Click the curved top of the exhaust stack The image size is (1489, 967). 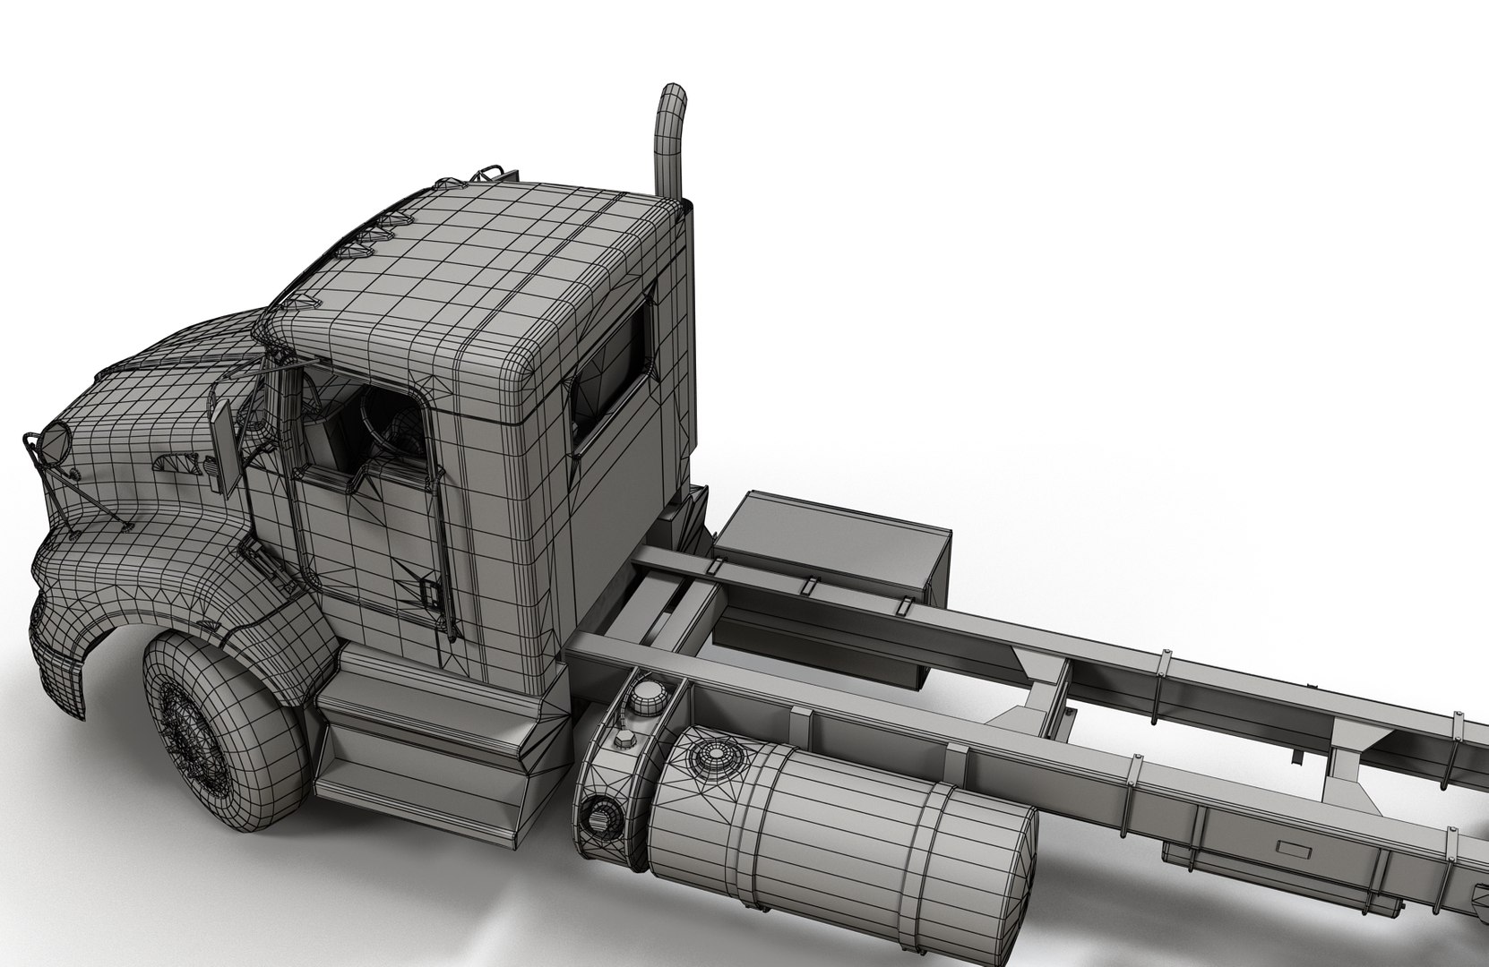click(x=674, y=98)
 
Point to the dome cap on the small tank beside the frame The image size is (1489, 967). click(x=644, y=695)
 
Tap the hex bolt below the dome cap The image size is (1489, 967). click(x=622, y=740)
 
